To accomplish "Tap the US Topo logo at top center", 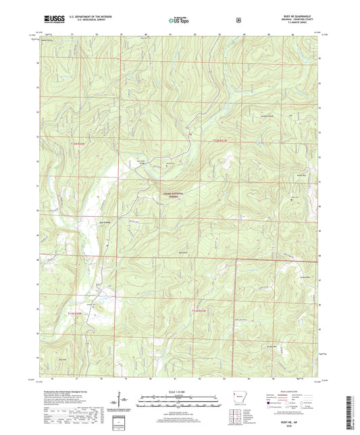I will pyautogui.click(x=180, y=20).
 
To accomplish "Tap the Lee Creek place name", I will pyautogui.click(x=103, y=221).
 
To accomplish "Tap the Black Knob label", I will pyautogui.click(x=182, y=253).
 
